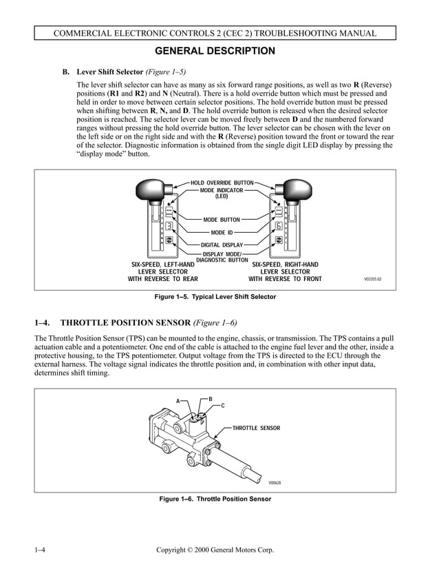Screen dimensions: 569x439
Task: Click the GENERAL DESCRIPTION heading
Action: click(x=215, y=51)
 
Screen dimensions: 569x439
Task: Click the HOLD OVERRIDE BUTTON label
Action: click(x=222, y=183)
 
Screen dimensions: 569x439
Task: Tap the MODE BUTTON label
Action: click(x=222, y=220)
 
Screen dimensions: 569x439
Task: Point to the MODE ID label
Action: click(x=222, y=232)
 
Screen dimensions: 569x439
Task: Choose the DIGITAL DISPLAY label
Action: click(x=222, y=245)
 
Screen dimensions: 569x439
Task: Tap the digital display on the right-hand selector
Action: click(x=279, y=226)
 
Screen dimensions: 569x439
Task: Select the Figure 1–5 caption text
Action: click(x=215, y=297)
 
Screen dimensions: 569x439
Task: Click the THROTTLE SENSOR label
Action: click(x=256, y=428)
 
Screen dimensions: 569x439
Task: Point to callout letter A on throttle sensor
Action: click(x=178, y=401)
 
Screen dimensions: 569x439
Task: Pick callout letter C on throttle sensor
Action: click(x=222, y=406)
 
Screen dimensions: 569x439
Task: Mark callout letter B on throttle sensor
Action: click(x=211, y=399)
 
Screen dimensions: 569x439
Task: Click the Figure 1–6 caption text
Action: click(x=215, y=498)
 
